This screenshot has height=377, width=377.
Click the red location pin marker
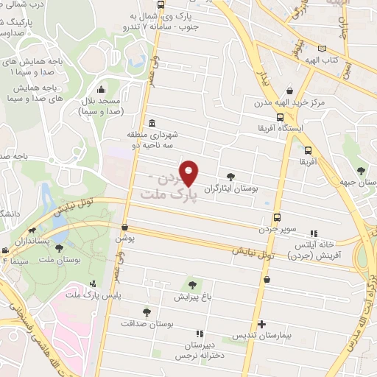point(190,172)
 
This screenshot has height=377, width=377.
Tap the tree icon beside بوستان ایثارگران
point(232,176)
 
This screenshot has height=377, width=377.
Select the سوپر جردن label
point(276,229)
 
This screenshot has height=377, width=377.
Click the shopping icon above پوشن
point(125,228)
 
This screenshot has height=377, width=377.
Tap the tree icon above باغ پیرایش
point(192,285)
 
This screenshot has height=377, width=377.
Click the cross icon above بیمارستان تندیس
point(261,324)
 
